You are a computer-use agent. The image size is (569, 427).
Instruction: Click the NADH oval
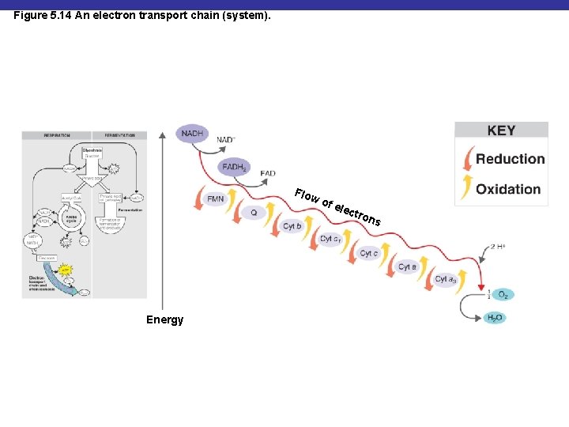(x=193, y=134)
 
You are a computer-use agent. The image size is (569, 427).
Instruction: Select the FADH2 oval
(x=235, y=168)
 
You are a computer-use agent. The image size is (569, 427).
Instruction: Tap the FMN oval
(x=216, y=198)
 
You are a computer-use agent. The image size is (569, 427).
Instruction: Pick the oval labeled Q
(x=254, y=213)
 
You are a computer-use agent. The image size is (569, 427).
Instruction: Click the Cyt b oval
(x=292, y=226)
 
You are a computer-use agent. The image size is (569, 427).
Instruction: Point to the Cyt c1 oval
(x=331, y=239)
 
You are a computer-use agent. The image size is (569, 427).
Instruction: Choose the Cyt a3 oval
(x=446, y=279)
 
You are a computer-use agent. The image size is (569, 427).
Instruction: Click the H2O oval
(x=495, y=318)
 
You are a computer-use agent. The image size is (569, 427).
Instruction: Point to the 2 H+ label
(x=497, y=247)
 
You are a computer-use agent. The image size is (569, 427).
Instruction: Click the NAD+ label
(x=225, y=140)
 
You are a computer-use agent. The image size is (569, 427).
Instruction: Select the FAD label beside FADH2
(x=268, y=174)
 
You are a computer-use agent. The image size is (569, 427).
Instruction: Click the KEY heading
(x=501, y=130)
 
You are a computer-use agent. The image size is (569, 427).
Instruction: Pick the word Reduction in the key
(x=510, y=159)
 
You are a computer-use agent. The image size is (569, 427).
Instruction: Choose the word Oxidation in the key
(x=508, y=189)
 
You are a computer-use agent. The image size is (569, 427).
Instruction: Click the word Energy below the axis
(x=164, y=319)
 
